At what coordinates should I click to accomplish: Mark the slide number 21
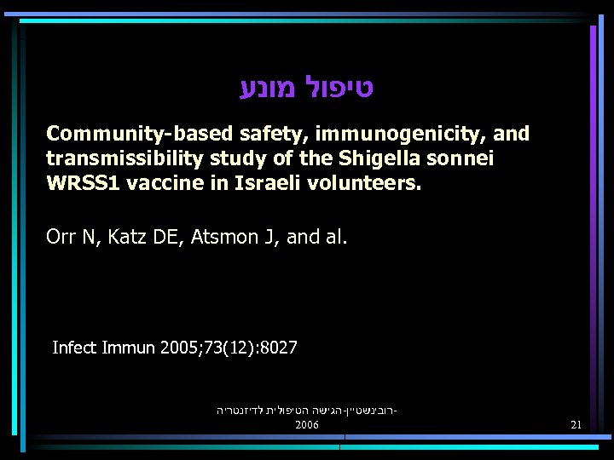coord(576,424)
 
